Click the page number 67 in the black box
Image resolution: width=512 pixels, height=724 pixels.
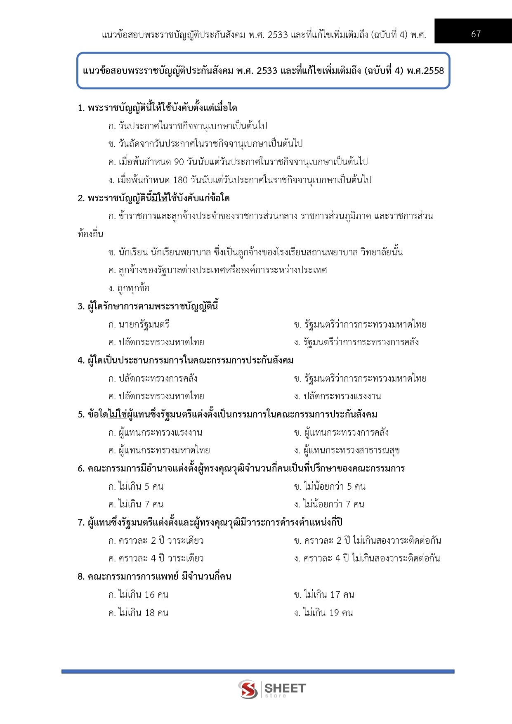pyautogui.click(x=476, y=34)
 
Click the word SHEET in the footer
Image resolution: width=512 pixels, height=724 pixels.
pyautogui.click(x=285, y=688)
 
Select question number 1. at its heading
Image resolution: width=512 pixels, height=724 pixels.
pyautogui.click(x=81, y=108)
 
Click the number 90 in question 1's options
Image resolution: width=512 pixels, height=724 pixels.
pyautogui.click(x=179, y=162)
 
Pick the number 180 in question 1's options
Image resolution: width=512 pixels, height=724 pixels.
pyautogui.click(x=180, y=180)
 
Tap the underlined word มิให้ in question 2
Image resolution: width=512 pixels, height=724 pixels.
pyautogui.click(x=160, y=198)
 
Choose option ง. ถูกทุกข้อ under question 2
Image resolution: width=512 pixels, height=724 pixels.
pyautogui.click(x=129, y=288)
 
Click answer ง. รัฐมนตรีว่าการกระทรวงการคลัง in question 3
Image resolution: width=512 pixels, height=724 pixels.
pyautogui.click(x=356, y=342)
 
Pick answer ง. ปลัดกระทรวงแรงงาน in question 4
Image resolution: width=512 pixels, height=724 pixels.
pyautogui.click(x=337, y=396)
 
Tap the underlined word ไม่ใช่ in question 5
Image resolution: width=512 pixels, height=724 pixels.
pyautogui.click(x=118, y=414)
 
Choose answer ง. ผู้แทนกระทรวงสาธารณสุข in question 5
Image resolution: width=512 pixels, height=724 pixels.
pyautogui.click(x=347, y=450)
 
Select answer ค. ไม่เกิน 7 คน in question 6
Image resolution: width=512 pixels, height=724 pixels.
pyautogui.click(x=136, y=504)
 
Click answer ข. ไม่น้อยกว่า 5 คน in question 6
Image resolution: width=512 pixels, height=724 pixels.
pyautogui.click(x=330, y=486)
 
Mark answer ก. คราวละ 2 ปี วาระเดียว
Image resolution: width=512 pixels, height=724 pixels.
pyautogui.click(x=156, y=540)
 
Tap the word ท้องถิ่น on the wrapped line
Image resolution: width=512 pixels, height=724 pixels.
pyautogui.click(x=90, y=234)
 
